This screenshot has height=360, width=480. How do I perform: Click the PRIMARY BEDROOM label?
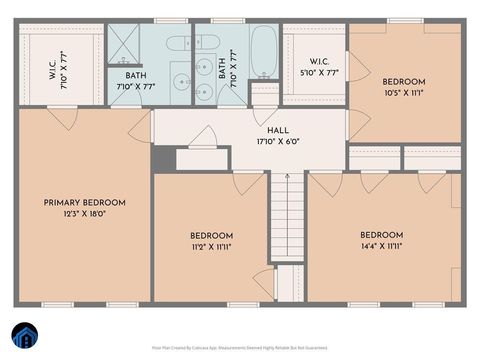click(82, 202)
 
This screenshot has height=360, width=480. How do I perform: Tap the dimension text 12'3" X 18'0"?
click(82, 213)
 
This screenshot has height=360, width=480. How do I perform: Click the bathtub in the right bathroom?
click(264, 51)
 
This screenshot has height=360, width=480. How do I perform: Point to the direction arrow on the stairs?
click(287, 180)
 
